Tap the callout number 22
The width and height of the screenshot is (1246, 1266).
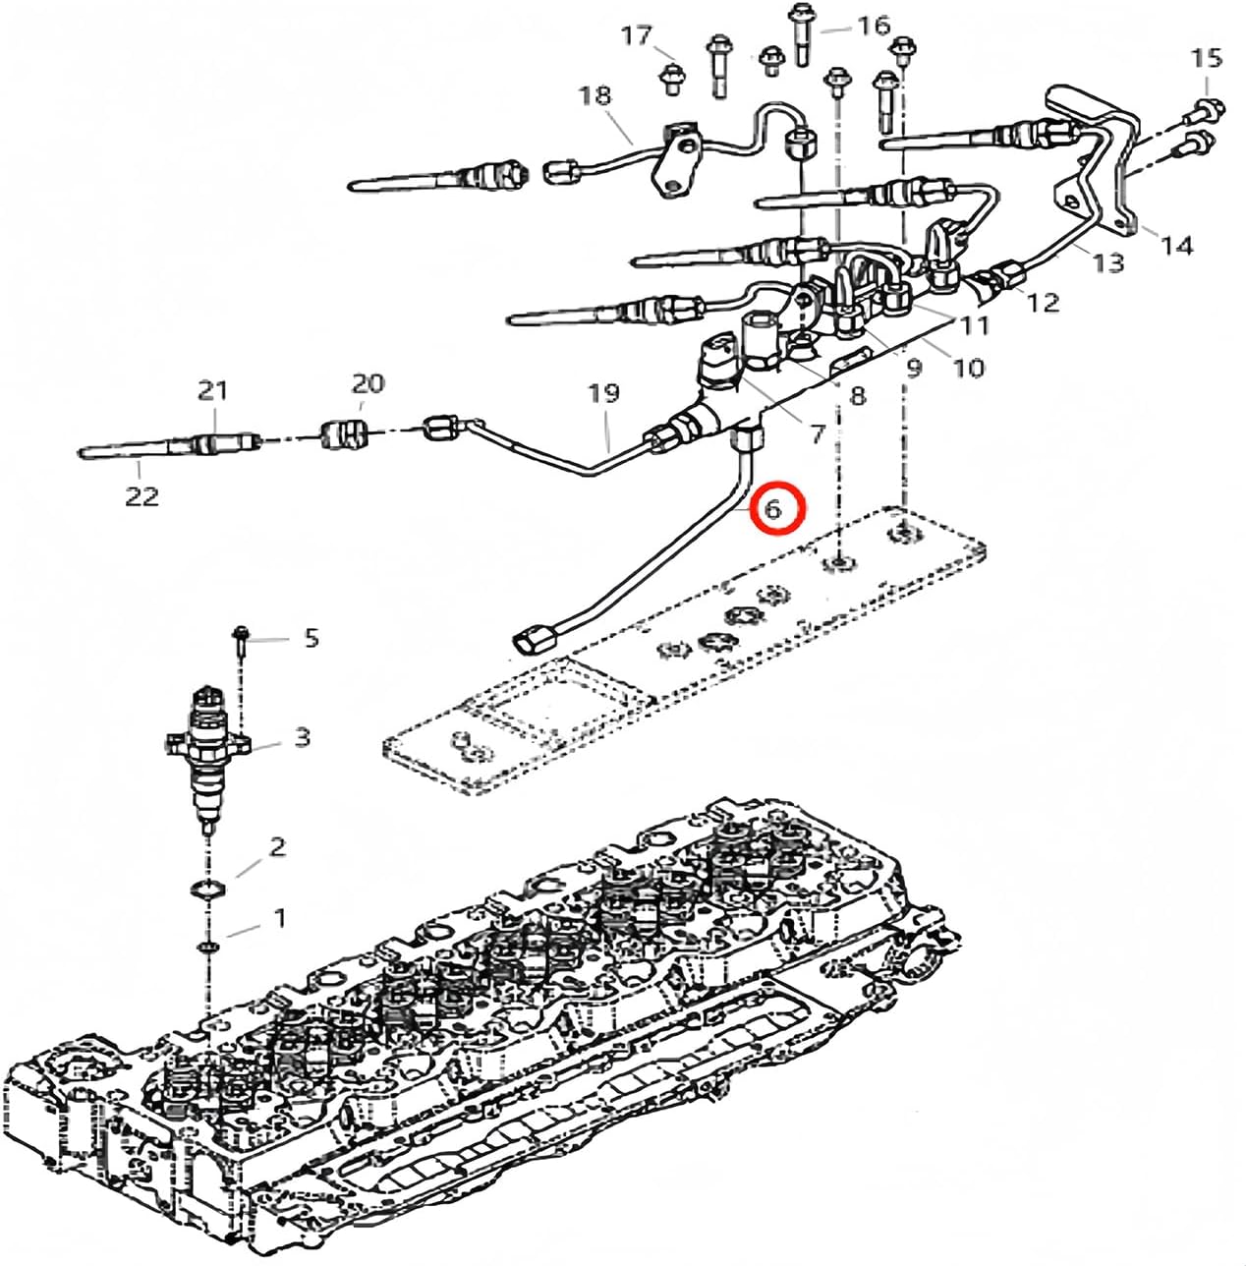[x=142, y=496]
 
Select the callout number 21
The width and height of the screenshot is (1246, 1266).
[x=212, y=390]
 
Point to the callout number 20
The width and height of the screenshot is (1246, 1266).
[x=368, y=383]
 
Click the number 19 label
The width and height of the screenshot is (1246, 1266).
[x=604, y=393]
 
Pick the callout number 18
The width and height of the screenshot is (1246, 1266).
[x=595, y=95]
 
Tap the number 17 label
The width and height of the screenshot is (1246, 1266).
[x=636, y=35]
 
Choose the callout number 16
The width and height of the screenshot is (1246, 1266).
[x=873, y=25]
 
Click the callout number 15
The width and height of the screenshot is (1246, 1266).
[x=1207, y=58]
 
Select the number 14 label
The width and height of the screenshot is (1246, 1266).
[x=1175, y=245]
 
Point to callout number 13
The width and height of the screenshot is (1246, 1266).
[x=1107, y=262]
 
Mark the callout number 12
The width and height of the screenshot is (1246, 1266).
[x=1044, y=302]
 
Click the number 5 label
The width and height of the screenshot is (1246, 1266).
[x=311, y=638]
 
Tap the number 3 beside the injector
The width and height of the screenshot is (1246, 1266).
[x=302, y=736]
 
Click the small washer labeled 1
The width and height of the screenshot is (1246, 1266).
[x=207, y=946]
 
